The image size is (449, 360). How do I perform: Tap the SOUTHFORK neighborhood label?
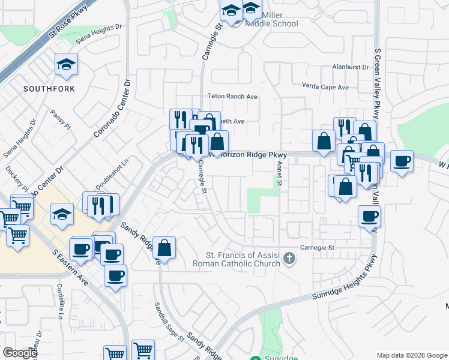[49, 89]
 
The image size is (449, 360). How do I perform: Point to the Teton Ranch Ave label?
[232, 96]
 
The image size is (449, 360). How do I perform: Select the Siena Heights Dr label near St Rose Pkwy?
[99, 35]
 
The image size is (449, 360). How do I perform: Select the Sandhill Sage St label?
[169, 320]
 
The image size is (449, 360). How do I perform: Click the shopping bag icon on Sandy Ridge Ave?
[164, 247]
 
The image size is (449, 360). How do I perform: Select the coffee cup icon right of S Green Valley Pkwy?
[402, 161]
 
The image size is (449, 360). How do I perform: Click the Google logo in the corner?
[20, 353]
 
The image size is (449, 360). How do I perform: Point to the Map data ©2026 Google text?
[411, 355]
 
